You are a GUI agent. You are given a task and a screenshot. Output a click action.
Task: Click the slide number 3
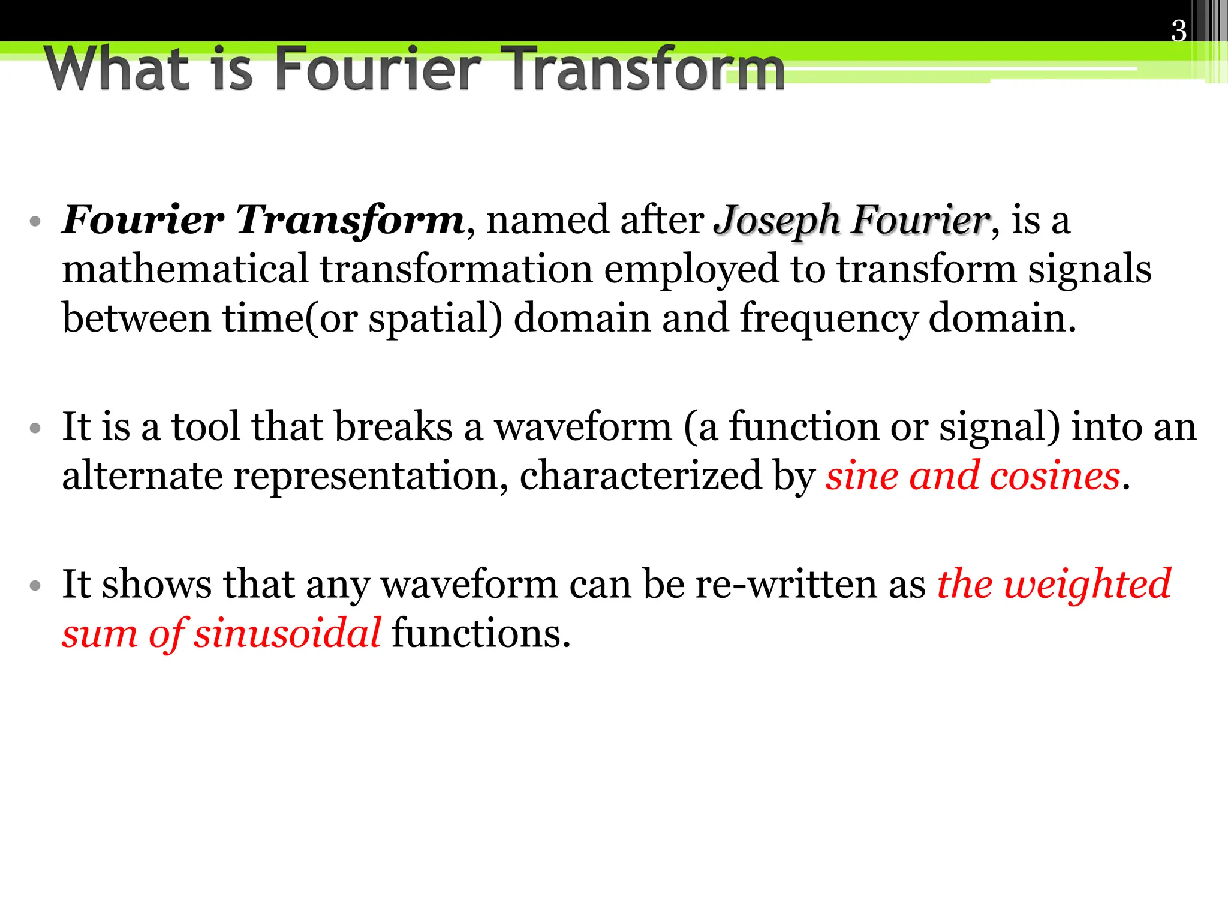pyautogui.click(x=1178, y=31)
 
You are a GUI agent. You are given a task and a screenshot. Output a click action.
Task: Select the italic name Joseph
pyautogui.click(x=778, y=221)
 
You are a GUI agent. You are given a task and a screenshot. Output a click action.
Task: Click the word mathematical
pyautogui.click(x=185, y=269)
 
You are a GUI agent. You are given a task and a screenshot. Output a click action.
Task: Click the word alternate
pyautogui.click(x=142, y=475)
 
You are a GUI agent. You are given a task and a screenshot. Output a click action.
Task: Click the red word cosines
pyautogui.click(x=1055, y=477)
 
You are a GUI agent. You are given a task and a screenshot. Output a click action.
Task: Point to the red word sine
pyautogui.click(x=862, y=475)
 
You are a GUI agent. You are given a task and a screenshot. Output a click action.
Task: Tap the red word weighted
pyautogui.click(x=1087, y=585)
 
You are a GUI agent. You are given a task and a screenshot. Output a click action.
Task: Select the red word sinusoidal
pyautogui.click(x=287, y=633)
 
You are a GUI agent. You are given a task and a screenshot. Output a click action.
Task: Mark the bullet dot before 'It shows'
pyautogui.click(x=35, y=585)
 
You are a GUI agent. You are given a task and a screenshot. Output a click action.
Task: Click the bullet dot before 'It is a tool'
pyautogui.click(x=35, y=428)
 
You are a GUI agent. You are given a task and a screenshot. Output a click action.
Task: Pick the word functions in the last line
pyautogui.click(x=480, y=633)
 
